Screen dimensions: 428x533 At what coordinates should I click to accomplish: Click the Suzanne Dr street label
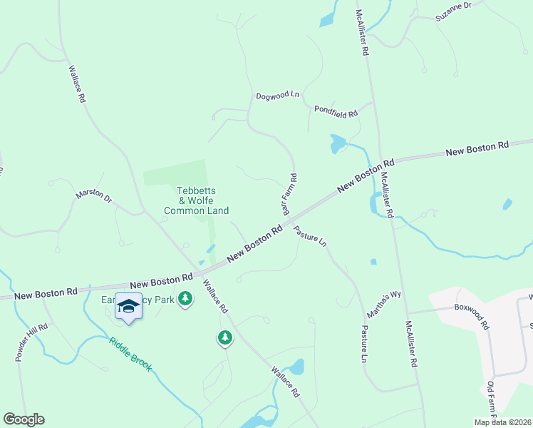tap(453, 6)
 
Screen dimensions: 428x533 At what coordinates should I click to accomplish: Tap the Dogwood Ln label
tap(278, 95)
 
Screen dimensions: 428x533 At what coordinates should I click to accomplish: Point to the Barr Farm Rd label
tap(289, 194)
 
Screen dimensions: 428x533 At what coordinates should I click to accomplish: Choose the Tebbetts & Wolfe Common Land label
tap(196, 200)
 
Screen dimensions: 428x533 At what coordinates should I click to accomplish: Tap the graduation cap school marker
tap(128, 306)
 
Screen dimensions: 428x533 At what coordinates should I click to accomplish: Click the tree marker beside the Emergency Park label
tap(185, 299)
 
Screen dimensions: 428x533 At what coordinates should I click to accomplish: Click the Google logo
tap(24, 419)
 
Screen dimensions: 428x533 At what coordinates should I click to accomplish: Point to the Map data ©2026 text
tap(502, 422)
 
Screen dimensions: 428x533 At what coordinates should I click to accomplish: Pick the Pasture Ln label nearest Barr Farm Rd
tap(310, 237)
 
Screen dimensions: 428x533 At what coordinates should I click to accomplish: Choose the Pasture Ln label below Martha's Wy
tap(364, 343)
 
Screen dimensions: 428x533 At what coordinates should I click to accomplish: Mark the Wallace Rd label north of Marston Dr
tap(77, 85)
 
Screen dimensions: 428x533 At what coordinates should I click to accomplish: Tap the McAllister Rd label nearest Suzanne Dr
tap(363, 29)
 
